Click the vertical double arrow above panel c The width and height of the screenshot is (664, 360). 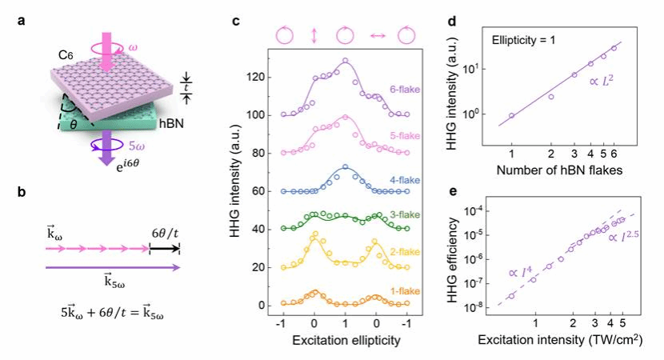point(314,34)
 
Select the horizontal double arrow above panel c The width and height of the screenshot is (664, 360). point(375,34)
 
